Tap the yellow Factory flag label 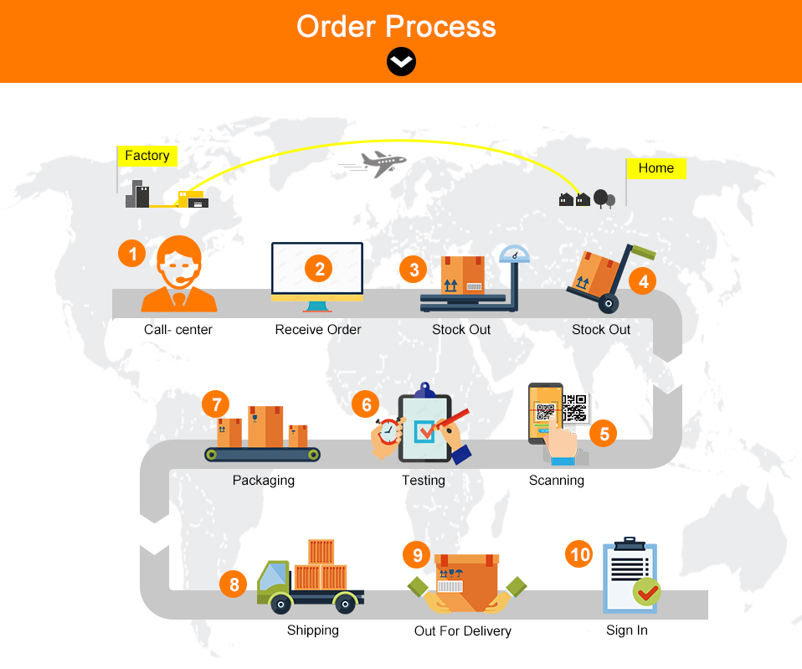147,156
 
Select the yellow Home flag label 655,168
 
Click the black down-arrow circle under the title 401,61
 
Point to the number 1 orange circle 131,252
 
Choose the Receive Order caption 318,330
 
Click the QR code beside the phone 573,407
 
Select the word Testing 423,481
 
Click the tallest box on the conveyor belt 266,427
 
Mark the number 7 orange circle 216,404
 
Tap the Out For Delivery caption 462,631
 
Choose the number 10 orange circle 579,554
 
